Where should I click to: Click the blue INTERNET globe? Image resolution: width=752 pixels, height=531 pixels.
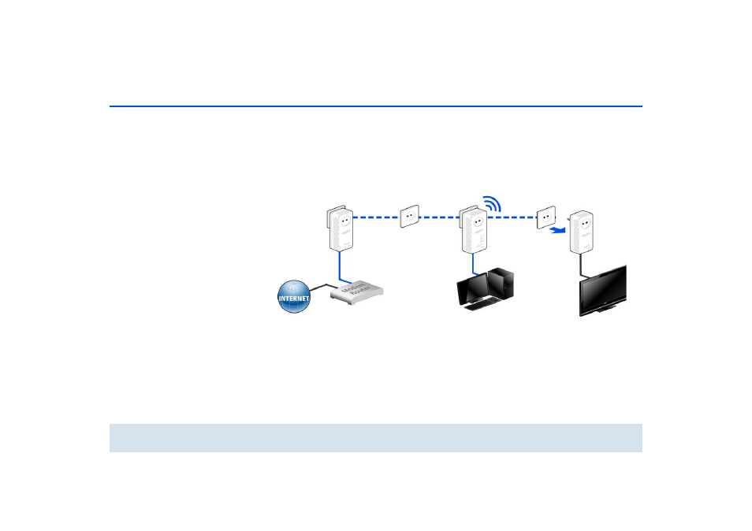click(294, 296)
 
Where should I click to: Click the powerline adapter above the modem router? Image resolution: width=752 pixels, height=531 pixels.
click(340, 228)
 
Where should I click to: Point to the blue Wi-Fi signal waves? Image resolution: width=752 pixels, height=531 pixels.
click(493, 203)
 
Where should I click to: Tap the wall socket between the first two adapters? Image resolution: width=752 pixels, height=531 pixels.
click(410, 216)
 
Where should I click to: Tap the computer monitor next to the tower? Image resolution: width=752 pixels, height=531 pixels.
click(473, 291)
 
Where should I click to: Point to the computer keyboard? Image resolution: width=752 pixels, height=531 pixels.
click(478, 306)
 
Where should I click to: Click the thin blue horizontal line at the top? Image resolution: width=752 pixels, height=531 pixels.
click(375, 106)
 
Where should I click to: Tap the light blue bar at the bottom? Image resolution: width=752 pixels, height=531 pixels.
click(375, 438)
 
